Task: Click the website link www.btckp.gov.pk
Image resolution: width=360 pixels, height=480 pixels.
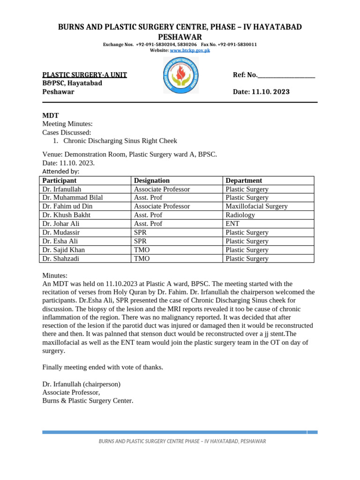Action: pyautogui.click(x=189, y=50)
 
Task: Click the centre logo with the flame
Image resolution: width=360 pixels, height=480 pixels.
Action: pyautogui.click(x=180, y=75)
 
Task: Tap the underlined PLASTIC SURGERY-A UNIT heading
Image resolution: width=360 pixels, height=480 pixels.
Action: pyautogui.click(x=84, y=75)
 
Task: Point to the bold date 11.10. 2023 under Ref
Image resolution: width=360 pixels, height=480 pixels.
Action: pyautogui.click(x=270, y=92)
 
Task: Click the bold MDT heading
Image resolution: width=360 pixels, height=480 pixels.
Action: pyautogui.click(x=51, y=115)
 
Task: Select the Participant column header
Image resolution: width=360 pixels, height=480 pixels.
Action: pyautogui.click(x=59, y=180)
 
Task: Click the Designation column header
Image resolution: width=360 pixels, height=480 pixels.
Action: pyautogui.click(x=152, y=180)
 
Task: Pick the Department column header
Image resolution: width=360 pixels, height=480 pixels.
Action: pyautogui.click(x=244, y=180)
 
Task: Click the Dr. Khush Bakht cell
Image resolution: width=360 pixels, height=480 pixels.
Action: pyautogui.click(x=66, y=215)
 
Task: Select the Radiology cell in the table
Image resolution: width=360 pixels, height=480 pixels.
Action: pyautogui.click(x=240, y=215)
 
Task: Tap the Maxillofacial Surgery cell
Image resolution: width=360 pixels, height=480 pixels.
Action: pyautogui.click(x=256, y=206)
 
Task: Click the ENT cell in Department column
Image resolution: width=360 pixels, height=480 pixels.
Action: pyautogui.click(x=232, y=224)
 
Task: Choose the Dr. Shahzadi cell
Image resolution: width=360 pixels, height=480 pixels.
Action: pyautogui.click(x=61, y=258)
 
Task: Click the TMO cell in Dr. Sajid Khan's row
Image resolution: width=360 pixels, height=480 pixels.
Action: pyautogui.click(x=142, y=250)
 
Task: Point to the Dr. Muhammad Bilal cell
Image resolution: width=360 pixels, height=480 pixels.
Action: pyautogui.click(x=72, y=198)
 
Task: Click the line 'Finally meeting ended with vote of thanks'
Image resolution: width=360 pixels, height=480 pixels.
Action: pyautogui.click(x=103, y=367)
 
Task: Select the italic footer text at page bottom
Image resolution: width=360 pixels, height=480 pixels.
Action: pyautogui.click(x=182, y=442)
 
